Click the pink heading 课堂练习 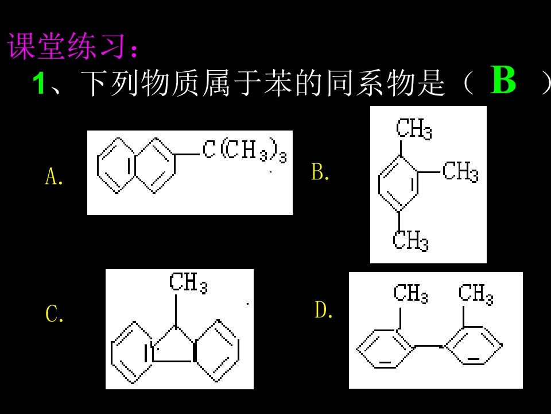point(66,46)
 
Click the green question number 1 point(38,83)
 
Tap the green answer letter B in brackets point(503,80)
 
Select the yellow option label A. point(54,177)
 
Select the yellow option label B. point(320,172)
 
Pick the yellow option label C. point(55,314)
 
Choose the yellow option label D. point(323,310)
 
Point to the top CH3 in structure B point(414,128)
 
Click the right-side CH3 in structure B point(460,171)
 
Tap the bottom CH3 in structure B point(410,240)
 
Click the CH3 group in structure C point(188,283)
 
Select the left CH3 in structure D point(410,293)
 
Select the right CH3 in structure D point(476,293)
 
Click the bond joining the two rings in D point(429,346)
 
